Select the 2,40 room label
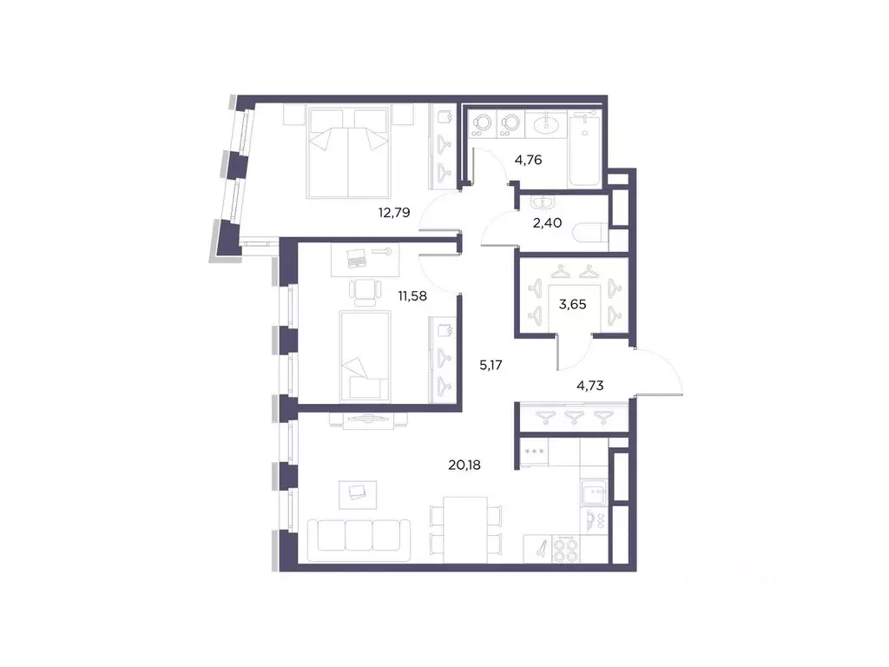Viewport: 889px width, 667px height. tap(548, 222)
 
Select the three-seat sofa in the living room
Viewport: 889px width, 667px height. tap(359, 535)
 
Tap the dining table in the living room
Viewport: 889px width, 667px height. tap(464, 525)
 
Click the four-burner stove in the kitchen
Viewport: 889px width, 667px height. tap(565, 549)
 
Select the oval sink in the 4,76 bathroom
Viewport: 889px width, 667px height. tap(548, 125)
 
